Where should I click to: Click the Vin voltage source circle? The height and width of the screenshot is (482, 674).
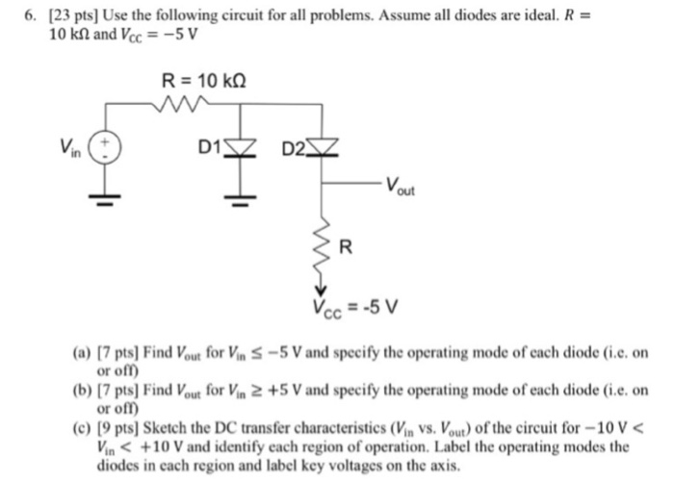[x=103, y=148]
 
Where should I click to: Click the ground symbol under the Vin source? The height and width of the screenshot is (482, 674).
[x=103, y=198]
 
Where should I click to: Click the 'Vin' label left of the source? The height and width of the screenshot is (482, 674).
[x=68, y=148]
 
